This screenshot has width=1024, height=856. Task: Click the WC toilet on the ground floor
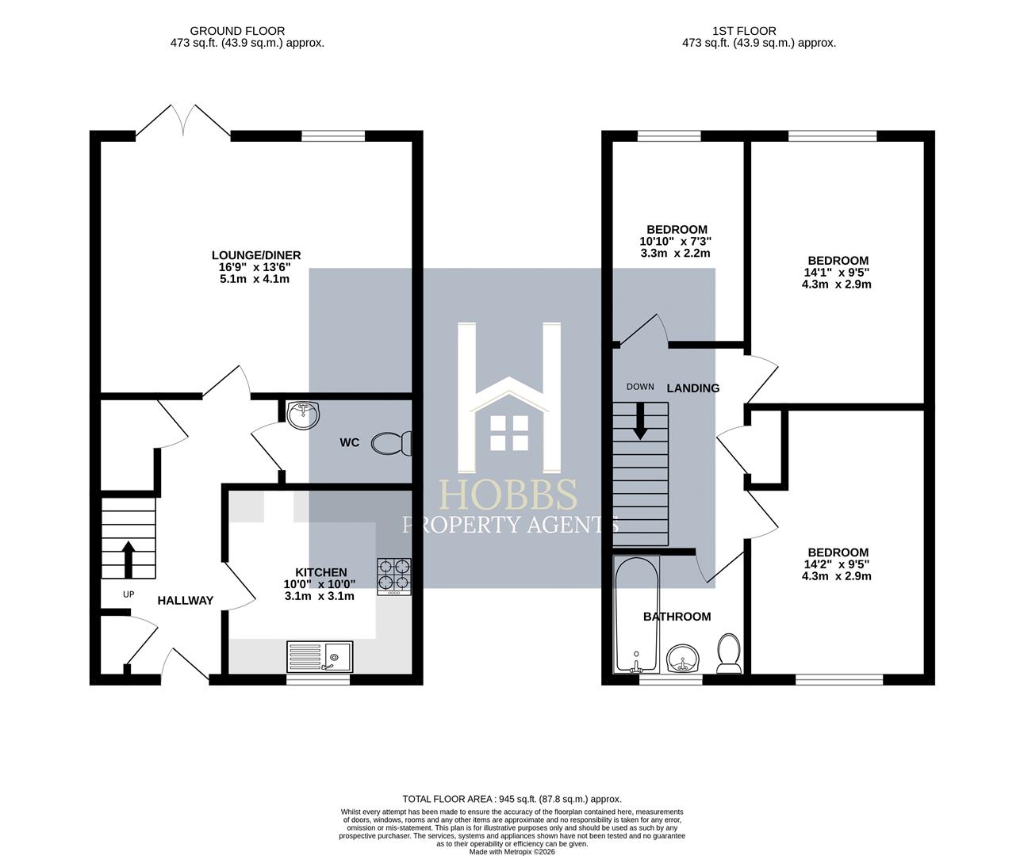tap(393, 443)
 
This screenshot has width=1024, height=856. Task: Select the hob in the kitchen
tap(394, 575)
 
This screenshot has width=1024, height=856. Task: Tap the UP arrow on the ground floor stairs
tap(128, 558)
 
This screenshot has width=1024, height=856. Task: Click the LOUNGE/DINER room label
tap(255, 255)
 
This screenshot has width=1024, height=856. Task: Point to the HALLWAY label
tap(185, 601)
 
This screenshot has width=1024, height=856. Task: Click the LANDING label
tap(692, 388)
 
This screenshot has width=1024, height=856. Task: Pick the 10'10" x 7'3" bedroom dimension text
tap(677, 242)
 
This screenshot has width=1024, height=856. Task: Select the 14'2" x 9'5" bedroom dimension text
tap(838, 564)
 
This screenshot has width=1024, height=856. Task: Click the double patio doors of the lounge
tap(184, 121)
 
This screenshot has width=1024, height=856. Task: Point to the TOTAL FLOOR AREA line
tap(512, 799)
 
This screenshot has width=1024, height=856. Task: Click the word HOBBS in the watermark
tap(508, 495)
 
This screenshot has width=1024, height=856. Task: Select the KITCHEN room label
tap(320, 572)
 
